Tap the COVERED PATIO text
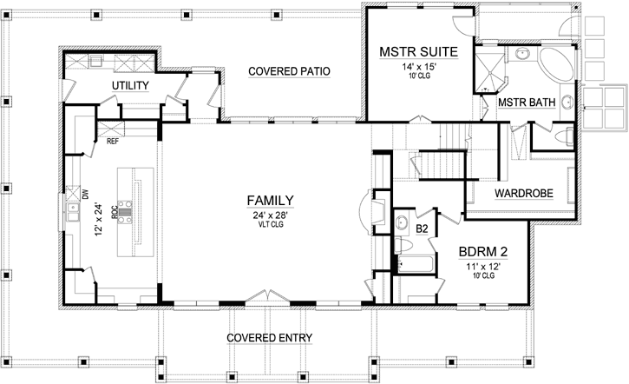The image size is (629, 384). (x=289, y=71)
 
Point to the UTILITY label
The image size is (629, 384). (x=131, y=85)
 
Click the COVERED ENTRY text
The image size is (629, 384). (x=269, y=337)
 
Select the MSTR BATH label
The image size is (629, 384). (x=526, y=103)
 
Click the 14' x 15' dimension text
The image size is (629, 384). (x=411, y=68)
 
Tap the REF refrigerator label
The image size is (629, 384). (x=112, y=140)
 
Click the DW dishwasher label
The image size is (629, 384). (x=85, y=193)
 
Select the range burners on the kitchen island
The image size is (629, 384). (x=127, y=209)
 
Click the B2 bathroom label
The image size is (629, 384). (x=423, y=228)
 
